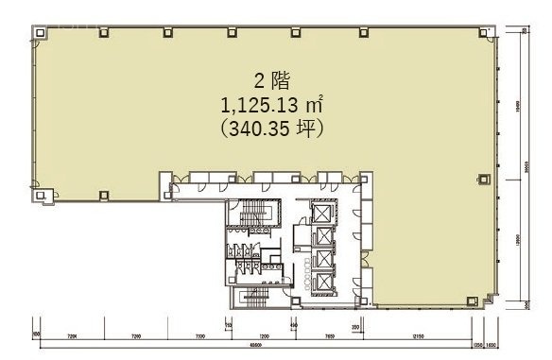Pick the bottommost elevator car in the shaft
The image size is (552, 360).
pyautogui.click(x=323, y=281)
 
